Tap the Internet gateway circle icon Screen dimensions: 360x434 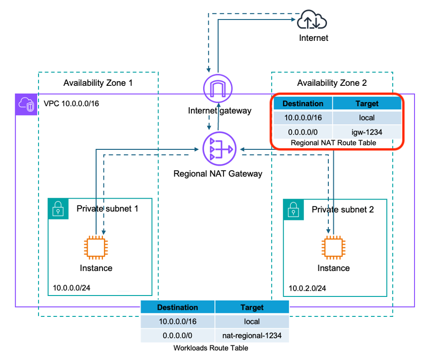pos(218,88)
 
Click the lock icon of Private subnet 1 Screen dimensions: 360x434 pos(58,209)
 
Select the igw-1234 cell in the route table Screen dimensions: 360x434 pos(367,132)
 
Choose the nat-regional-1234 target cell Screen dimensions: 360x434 pos(252,335)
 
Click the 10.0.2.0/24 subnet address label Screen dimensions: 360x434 pos(307,288)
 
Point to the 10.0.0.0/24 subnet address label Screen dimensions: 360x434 pos(71,288)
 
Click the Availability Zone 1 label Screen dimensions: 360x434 pos(98,83)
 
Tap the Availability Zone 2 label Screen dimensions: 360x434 pos(332,83)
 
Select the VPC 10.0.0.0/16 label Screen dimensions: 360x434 pos(71,103)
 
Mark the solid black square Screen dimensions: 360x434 pos(404,49)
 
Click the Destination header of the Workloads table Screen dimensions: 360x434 pos(178,307)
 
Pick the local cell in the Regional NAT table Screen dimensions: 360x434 pos(367,118)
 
